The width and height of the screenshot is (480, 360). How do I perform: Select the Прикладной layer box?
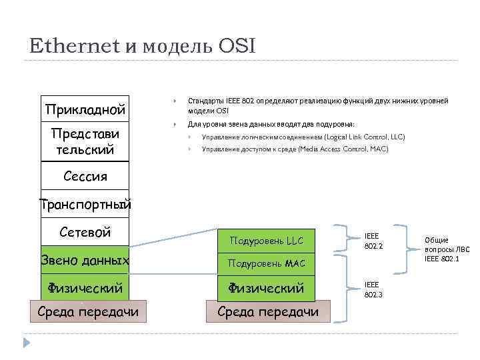pos(85,108)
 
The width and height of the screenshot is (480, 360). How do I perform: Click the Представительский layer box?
pos(85,141)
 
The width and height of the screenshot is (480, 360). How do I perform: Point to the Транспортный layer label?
pos(85,204)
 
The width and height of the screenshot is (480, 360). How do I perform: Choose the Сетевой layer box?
pos(85,232)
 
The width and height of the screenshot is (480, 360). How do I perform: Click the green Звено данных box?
pos(85,260)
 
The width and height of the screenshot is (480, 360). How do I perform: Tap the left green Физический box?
pos(85,288)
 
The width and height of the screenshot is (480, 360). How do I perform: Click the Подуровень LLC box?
pos(266,240)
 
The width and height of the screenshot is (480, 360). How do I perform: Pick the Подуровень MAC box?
pos(266,264)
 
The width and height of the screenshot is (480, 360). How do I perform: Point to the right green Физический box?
pos(266,288)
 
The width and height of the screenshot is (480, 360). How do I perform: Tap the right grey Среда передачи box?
pos(266,312)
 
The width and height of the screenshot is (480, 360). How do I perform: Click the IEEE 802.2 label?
pos(372,241)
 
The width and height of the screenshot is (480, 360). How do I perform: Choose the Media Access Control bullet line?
pos(295,149)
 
